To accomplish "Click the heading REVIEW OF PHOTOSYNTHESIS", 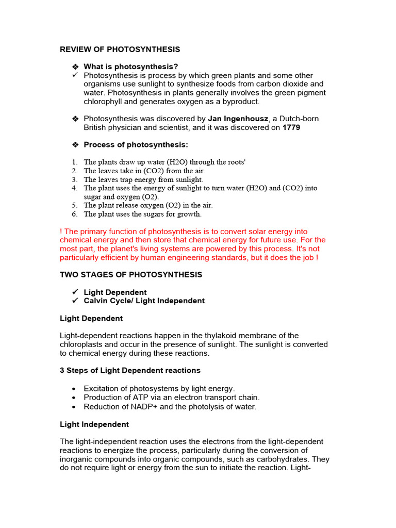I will [x=120, y=49].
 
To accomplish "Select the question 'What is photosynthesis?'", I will [x=131, y=67].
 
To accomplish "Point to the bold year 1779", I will [x=291, y=127].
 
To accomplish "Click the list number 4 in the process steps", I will [x=75, y=188].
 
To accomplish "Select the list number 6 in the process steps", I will [x=75, y=214].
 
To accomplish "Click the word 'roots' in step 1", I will [x=235, y=162].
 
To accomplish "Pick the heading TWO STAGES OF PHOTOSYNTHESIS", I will [x=131, y=275].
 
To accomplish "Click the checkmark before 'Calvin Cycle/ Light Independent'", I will [x=75, y=301].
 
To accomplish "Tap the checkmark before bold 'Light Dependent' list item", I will [x=75, y=292].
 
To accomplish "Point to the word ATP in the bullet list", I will [x=133, y=398].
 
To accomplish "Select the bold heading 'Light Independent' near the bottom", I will [x=94, y=424].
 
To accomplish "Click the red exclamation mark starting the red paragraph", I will [x=61, y=232].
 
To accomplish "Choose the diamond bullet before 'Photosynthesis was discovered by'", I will [x=75, y=119].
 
